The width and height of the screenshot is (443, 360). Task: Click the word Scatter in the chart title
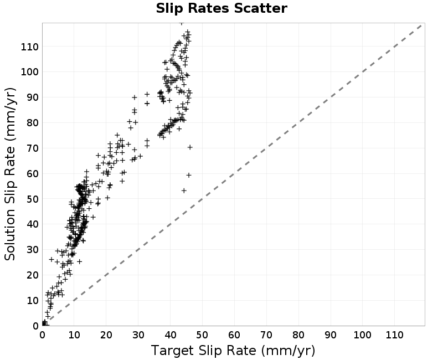[260, 8]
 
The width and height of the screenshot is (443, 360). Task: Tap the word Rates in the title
[209, 8]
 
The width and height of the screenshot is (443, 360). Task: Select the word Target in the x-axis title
[172, 351]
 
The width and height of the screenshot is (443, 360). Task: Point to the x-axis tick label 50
[202, 335]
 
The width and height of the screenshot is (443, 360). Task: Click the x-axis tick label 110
[394, 335]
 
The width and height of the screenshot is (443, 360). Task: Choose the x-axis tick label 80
[298, 335]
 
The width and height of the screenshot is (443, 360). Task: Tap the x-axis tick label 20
[106, 335]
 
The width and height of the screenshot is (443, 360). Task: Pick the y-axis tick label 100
[30, 72]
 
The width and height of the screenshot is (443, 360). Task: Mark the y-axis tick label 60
[33, 173]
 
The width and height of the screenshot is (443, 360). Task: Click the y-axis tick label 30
[33, 250]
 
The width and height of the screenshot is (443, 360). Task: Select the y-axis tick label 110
[30, 47]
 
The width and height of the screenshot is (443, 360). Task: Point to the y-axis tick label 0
[35, 326]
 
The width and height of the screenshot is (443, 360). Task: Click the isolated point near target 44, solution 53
[184, 191]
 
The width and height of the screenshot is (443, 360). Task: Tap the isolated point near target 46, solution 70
[190, 147]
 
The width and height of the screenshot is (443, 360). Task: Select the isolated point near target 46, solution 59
[189, 175]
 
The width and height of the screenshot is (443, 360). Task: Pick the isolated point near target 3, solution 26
[51, 259]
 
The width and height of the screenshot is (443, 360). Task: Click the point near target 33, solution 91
[147, 94]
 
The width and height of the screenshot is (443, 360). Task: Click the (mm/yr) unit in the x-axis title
[288, 351]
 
